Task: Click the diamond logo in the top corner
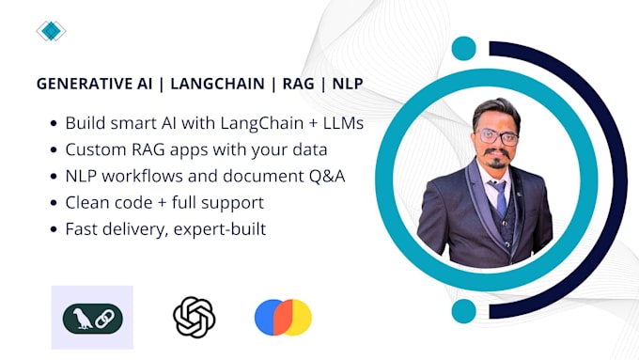click(x=51, y=32)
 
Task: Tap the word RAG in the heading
click(x=298, y=84)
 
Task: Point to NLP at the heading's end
click(x=350, y=84)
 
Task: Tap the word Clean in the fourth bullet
click(x=87, y=202)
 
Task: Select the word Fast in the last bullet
click(x=83, y=228)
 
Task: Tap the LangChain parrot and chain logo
click(x=91, y=318)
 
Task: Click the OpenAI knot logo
click(x=195, y=317)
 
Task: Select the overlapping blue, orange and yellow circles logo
click(x=283, y=318)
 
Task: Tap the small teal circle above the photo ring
click(x=463, y=49)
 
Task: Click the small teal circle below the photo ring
click(x=463, y=311)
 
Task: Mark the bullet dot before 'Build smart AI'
click(x=51, y=124)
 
